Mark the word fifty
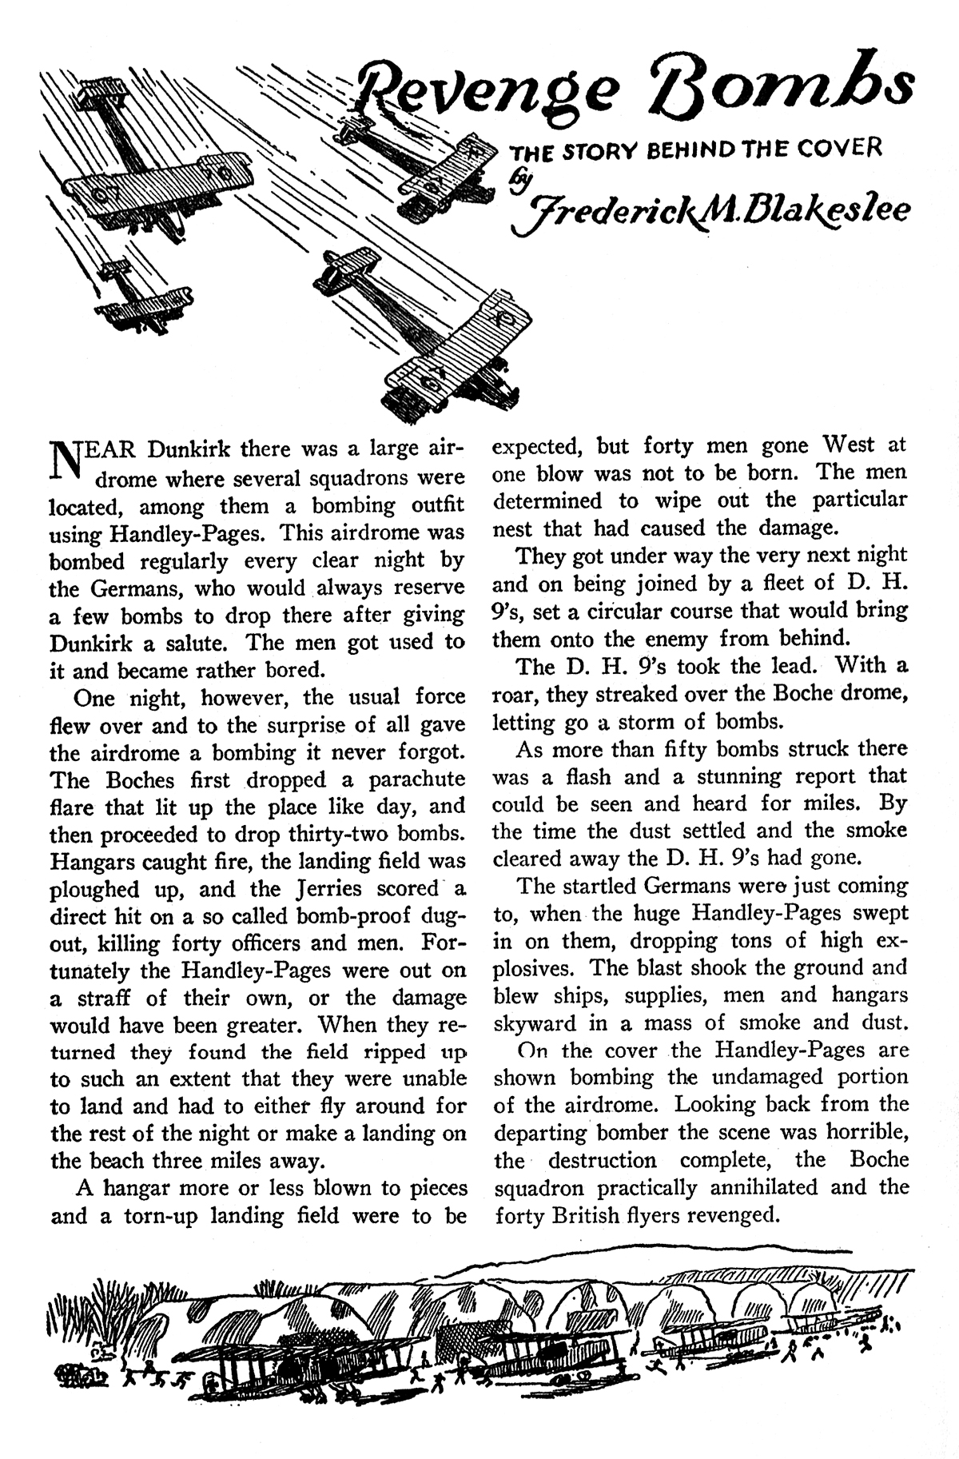pos(695,749)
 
